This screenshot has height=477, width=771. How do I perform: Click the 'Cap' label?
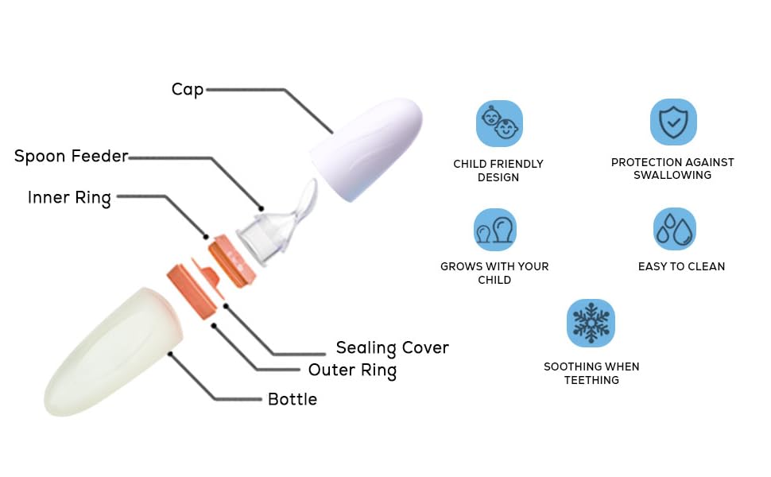(x=188, y=89)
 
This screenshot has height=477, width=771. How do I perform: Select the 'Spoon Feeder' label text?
(x=71, y=156)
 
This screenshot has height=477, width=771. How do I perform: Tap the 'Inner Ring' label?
(x=69, y=197)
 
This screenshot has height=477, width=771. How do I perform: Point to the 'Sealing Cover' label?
(x=392, y=347)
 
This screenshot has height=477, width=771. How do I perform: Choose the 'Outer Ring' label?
(x=352, y=370)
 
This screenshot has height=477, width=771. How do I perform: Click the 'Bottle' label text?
(x=292, y=399)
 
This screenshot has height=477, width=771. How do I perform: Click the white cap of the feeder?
(x=366, y=148)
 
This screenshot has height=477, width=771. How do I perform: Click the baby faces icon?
(x=499, y=123)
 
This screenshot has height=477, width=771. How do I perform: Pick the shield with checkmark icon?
(x=673, y=122)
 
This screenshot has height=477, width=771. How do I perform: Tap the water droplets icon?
(x=674, y=230)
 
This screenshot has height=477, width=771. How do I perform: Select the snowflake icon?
(x=591, y=323)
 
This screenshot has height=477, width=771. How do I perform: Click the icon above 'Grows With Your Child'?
(x=494, y=230)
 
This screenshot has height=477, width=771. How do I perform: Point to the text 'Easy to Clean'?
(x=681, y=266)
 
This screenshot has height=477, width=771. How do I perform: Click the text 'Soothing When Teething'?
(x=591, y=373)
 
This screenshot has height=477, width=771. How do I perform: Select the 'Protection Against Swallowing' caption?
(x=672, y=169)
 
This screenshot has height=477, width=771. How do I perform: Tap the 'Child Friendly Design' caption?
(x=498, y=170)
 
